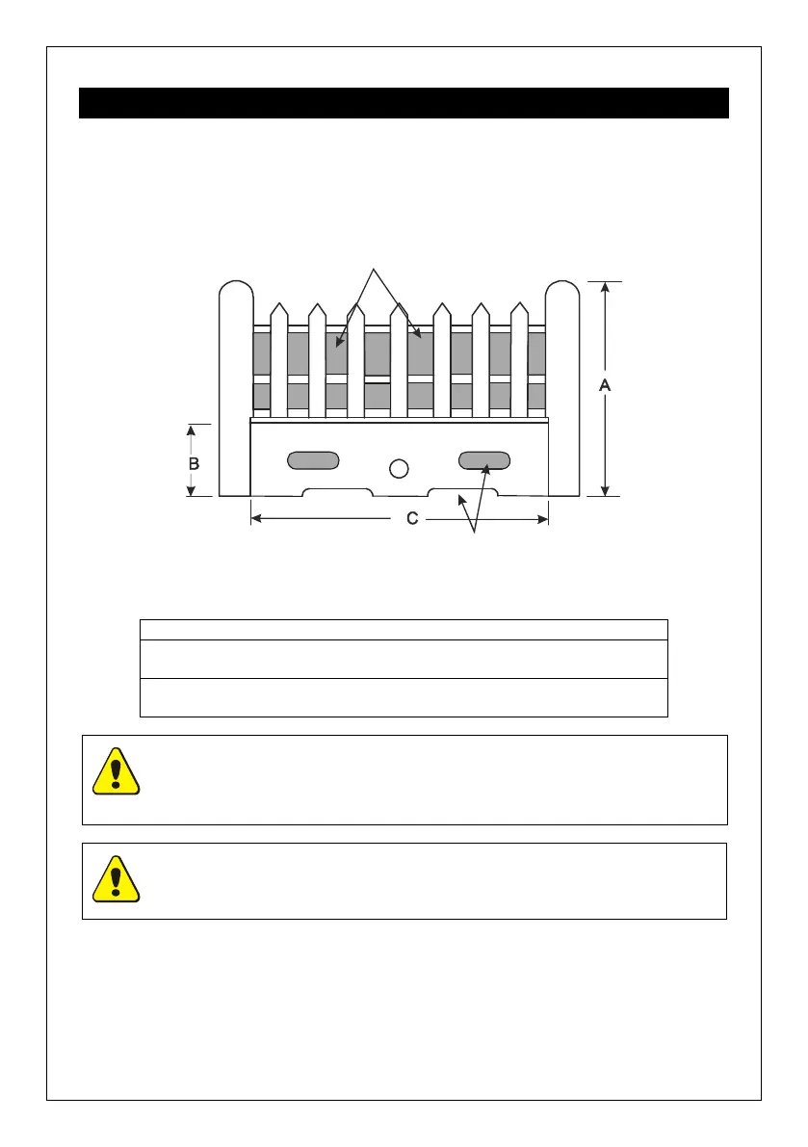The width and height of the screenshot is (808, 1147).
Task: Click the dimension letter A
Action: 604,384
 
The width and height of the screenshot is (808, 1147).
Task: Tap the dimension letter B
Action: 194,463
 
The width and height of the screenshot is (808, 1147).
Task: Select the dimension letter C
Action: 412,519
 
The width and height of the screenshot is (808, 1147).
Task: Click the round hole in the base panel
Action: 399,468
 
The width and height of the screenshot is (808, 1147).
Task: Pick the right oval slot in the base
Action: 483,460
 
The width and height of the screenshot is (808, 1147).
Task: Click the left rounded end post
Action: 235,385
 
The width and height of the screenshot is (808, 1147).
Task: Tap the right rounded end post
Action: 562,385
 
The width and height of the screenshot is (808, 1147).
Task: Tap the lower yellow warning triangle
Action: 117,878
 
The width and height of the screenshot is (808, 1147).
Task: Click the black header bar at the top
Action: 404,103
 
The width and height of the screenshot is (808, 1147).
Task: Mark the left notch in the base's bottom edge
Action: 337,492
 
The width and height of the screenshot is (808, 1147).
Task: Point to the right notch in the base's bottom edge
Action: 462,492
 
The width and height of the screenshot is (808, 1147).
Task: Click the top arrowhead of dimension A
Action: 604,287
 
